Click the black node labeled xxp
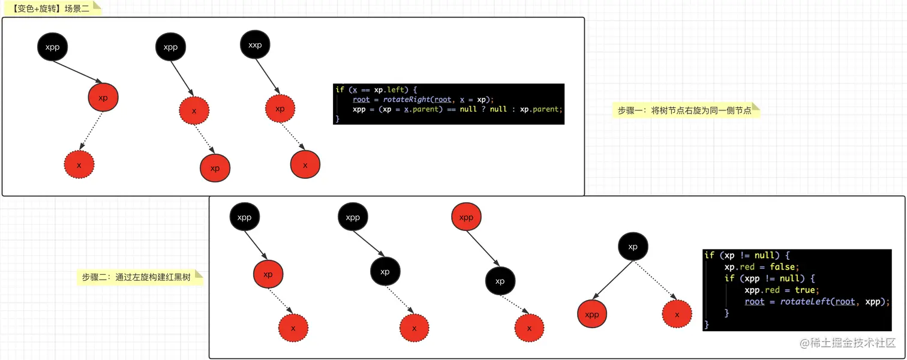click(255, 44)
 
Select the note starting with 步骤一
click(684, 110)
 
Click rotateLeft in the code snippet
click(804, 302)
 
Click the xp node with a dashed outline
click(280, 109)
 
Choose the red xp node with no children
click(215, 168)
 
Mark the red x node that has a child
click(194, 111)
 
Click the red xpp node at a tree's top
click(466, 217)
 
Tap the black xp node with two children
click(633, 247)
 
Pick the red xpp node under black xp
click(592, 314)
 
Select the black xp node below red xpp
click(500, 281)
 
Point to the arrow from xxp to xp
click(268, 77)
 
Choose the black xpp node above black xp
click(353, 217)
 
